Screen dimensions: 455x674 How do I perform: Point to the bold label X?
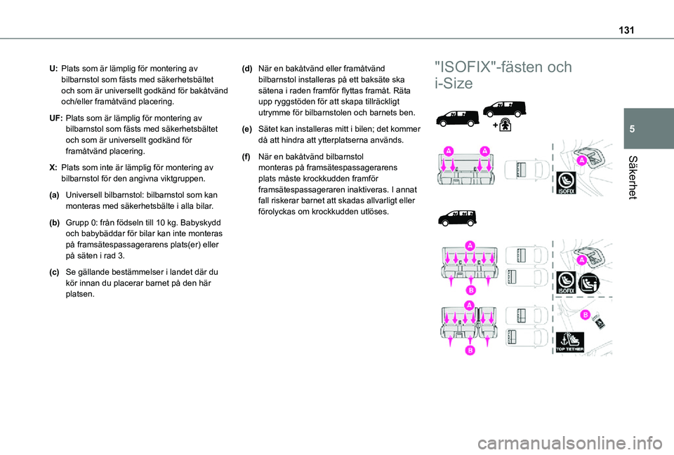point(53,168)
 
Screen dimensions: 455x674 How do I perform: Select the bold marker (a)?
point(54,193)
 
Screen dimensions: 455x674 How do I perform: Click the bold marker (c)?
point(54,272)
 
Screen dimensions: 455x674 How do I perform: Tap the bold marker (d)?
point(247,69)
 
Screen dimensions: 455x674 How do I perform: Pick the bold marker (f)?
point(247,156)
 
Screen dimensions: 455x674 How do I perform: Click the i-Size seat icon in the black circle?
point(590,281)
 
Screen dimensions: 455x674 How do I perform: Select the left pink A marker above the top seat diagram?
point(448,149)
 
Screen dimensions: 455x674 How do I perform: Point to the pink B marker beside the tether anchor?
point(583,316)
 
